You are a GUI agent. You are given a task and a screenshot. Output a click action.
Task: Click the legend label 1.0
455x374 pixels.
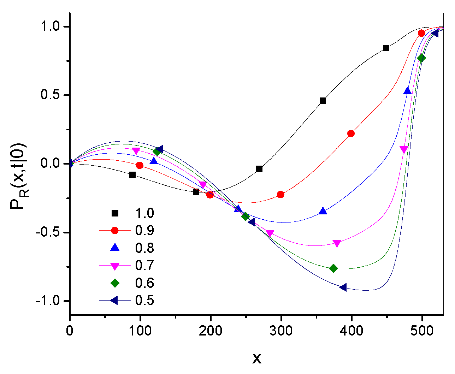click(x=144, y=213)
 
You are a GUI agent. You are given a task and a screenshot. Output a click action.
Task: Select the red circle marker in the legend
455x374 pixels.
click(x=115, y=230)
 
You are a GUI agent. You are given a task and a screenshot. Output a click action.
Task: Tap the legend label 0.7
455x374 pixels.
click(x=144, y=265)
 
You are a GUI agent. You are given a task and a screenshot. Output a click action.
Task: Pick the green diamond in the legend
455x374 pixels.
click(x=115, y=283)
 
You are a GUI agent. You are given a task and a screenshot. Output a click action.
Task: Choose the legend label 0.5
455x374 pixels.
click(x=144, y=300)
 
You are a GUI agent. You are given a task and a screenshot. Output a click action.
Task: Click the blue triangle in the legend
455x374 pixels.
click(x=115, y=248)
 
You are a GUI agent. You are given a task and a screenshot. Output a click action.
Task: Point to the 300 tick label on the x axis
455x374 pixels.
click(x=282, y=331)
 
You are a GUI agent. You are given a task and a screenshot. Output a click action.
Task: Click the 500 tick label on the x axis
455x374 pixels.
click(x=422, y=331)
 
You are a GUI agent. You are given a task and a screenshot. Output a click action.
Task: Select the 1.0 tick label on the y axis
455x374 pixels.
click(x=52, y=27)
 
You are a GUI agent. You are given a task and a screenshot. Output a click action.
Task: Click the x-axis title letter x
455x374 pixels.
click(x=257, y=358)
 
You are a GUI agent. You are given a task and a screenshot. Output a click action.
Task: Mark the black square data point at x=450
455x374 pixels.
click(x=386, y=48)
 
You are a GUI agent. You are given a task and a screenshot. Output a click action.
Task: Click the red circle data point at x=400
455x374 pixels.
click(x=351, y=133)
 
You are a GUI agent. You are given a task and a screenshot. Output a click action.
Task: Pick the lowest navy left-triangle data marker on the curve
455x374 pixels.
click(x=343, y=287)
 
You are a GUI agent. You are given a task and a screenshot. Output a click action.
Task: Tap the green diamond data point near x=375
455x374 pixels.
click(x=333, y=268)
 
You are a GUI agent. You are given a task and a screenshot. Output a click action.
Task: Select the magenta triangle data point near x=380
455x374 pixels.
click(x=337, y=243)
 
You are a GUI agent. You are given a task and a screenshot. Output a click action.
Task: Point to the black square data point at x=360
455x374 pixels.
click(x=323, y=101)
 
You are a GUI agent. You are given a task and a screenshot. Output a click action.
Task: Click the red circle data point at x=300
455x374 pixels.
click(x=280, y=195)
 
